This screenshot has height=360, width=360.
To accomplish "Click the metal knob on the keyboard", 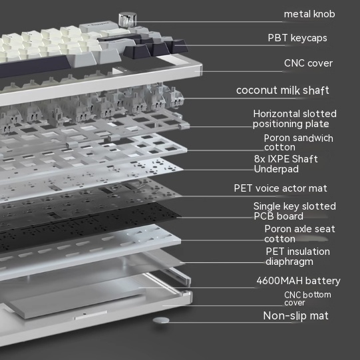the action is [127, 19].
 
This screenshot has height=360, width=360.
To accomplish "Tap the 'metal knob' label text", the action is [309, 14].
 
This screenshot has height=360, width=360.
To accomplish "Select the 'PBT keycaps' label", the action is [297, 38].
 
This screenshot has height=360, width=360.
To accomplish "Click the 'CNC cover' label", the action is [308, 63].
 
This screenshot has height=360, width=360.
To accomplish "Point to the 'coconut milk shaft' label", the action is [283, 90].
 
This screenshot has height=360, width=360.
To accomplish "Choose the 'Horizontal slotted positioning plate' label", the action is [295, 119].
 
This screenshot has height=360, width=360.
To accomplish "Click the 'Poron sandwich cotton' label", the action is [299, 142].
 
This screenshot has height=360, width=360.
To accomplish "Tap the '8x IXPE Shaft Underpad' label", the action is [286, 164].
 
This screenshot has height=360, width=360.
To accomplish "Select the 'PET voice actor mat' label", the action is [280, 188].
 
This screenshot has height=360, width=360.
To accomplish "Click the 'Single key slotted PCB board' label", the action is [295, 211].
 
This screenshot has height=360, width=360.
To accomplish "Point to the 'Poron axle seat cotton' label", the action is [299, 234].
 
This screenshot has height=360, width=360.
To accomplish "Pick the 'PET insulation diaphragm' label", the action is [297, 256].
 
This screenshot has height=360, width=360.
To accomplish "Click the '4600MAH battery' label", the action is [298, 281].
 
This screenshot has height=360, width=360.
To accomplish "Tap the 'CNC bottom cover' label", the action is [307, 299].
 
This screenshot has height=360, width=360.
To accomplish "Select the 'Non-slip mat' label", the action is [295, 316].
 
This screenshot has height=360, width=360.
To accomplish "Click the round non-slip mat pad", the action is [161, 320].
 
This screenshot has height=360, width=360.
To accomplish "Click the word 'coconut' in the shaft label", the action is [254, 90].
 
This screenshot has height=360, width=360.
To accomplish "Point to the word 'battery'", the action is [323, 281].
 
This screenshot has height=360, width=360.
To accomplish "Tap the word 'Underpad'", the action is [276, 169].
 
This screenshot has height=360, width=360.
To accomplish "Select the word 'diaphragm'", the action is [289, 262].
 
